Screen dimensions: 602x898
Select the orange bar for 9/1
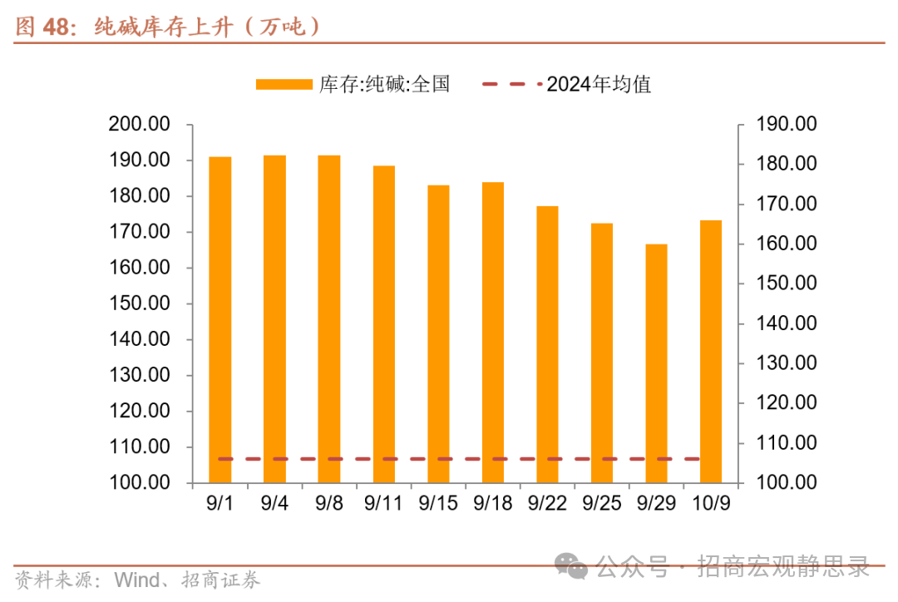point(220,319)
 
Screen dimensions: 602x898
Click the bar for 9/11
point(384,324)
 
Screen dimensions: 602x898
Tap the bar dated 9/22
point(547,344)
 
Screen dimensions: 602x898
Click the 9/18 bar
point(493,332)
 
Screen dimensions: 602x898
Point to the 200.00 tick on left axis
point(140,125)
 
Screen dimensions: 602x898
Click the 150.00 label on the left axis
point(140,303)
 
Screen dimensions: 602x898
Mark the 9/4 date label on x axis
point(274,504)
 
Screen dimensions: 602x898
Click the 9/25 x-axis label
point(601,504)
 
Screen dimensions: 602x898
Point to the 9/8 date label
point(329,504)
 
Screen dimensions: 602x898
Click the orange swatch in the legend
point(284,84)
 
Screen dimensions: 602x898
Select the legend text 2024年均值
point(599,84)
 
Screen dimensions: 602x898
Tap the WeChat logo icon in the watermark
point(573,567)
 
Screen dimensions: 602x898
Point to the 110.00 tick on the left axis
point(140,447)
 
